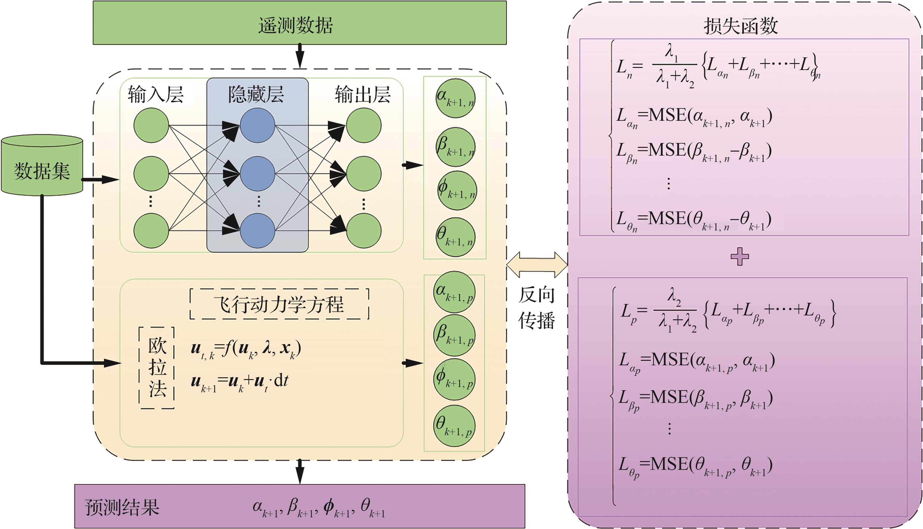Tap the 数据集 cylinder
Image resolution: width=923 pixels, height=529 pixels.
42,167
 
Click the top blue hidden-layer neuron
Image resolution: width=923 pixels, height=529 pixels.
257,125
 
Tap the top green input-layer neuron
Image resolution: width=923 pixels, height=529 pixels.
151,125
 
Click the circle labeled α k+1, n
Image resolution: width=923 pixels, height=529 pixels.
456,98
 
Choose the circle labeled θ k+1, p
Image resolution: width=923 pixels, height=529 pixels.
454,426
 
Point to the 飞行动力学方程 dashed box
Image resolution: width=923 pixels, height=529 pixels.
279,304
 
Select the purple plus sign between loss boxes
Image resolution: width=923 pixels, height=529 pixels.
740,257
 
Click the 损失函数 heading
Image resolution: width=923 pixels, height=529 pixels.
741,26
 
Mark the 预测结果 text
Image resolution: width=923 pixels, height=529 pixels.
122,507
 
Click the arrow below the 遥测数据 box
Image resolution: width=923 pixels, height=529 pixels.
300,56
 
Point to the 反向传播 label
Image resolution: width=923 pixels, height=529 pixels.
536,307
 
